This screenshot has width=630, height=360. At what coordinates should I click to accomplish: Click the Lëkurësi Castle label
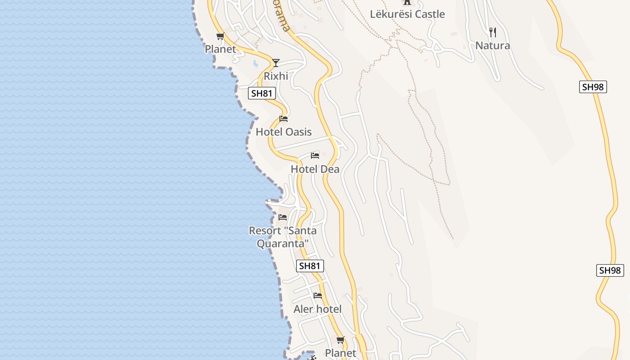pyautogui.click(x=407, y=14)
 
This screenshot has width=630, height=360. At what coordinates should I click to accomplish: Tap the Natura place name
pyautogui.click(x=493, y=45)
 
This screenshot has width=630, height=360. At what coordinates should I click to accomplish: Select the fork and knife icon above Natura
pyautogui.click(x=493, y=32)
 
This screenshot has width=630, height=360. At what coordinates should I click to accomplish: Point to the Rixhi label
pyautogui.click(x=276, y=76)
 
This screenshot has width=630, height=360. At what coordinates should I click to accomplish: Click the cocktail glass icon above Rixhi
pyautogui.click(x=276, y=63)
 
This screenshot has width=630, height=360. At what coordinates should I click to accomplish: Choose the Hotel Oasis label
pyautogui.click(x=283, y=132)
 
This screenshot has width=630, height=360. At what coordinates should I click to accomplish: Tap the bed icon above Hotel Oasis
pyautogui.click(x=283, y=119)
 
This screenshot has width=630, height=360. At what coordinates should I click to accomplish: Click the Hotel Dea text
pyautogui.click(x=315, y=169)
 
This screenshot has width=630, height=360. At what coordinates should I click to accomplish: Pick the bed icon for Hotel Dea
pyautogui.click(x=315, y=156)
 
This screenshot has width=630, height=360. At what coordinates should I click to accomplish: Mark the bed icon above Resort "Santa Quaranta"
pyautogui.click(x=283, y=217)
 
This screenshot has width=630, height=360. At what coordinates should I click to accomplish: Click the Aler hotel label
pyautogui.click(x=317, y=309)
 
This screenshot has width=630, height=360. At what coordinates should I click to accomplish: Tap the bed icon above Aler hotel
pyautogui.click(x=318, y=296)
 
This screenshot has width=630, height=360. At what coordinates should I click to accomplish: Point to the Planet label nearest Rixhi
pyautogui.click(x=220, y=49)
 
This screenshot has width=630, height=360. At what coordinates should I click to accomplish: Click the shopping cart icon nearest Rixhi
pyautogui.click(x=220, y=36)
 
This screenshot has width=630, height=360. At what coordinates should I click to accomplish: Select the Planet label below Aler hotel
pyautogui.click(x=340, y=353)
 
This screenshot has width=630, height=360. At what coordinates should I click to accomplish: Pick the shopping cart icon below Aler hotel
pyautogui.click(x=341, y=340)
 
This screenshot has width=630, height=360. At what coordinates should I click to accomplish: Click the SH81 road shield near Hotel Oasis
pyautogui.click(x=262, y=94)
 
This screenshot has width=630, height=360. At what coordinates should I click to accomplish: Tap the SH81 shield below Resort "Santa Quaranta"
pyautogui.click(x=310, y=266)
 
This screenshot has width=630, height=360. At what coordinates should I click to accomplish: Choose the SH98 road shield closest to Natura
pyautogui.click(x=593, y=87)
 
